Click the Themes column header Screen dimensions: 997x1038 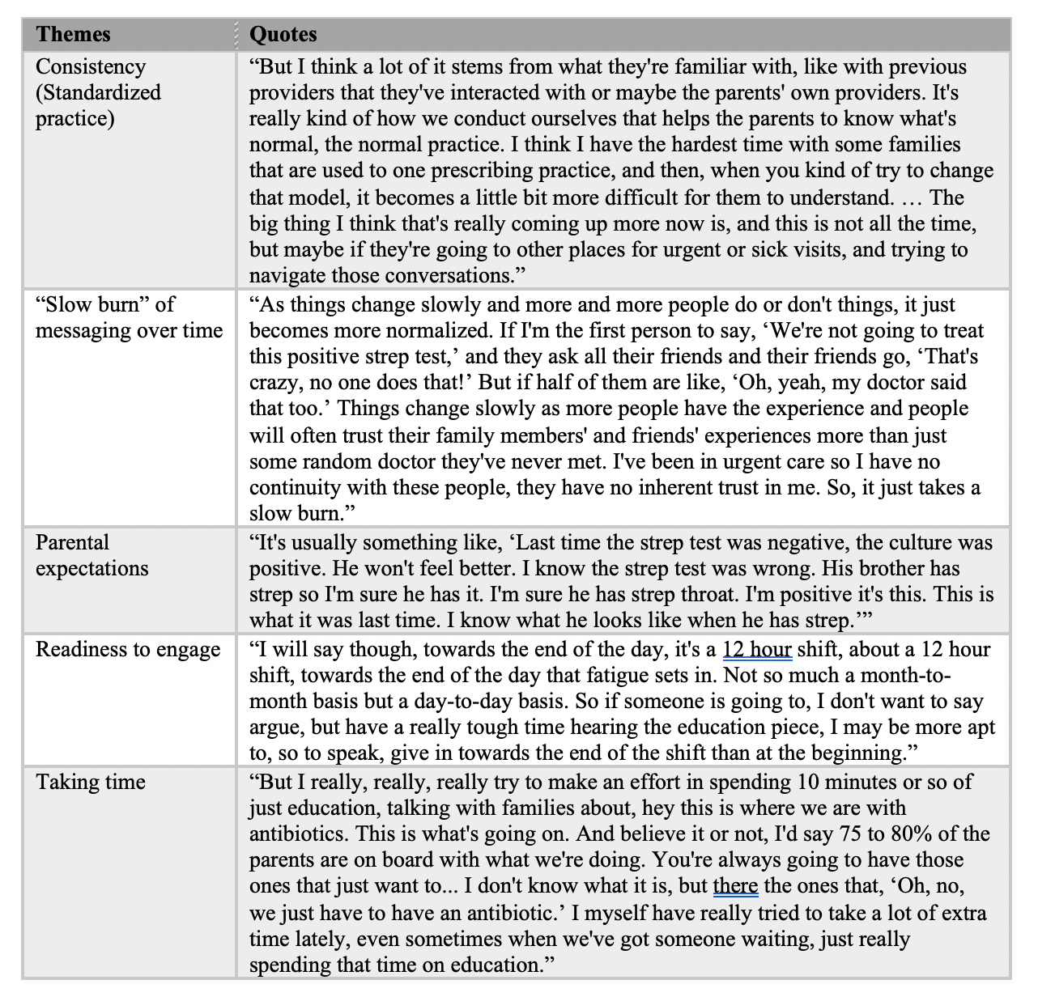tap(74, 34)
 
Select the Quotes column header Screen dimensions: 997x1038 tap(283, 34)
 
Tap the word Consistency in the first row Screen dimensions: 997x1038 tap(91, 66)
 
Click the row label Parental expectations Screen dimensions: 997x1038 tap(91, 555)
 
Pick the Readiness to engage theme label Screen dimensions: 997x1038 tap(128, 650)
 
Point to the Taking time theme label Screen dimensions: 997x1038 tap(91, 782)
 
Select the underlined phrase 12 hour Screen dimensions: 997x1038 tap(757, 650)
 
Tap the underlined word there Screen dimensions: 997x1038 tap(735, 886)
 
